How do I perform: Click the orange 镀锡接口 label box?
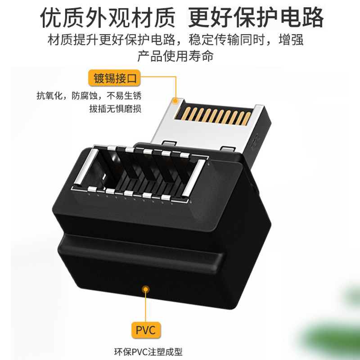pos(114,78)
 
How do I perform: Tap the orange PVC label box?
pos(146,330)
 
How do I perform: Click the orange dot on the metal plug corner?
pos(175,100)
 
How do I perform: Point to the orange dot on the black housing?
pos(145,289)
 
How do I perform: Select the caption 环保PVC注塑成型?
pos(148,352)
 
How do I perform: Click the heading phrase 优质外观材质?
pos(108,18)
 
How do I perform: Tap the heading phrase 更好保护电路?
pos(256,18)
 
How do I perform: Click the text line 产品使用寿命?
pos(175,56)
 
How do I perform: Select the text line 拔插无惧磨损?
pos(115,108)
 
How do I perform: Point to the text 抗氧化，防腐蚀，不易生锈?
pos(89,95)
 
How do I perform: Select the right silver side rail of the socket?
pos(193,178)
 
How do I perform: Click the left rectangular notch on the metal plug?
pos(169,144)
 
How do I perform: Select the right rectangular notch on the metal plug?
pos(228,149)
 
